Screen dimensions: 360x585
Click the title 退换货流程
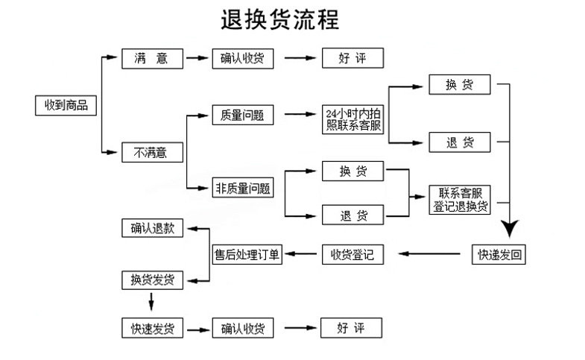279,19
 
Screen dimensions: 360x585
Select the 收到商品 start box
66,106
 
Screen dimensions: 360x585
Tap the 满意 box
152,58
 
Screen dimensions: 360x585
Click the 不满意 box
152,153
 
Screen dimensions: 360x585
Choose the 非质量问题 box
242,188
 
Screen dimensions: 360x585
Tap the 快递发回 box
500,255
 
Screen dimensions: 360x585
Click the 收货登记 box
352,255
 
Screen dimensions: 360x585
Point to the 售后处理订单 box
247,255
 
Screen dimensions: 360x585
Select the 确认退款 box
152,229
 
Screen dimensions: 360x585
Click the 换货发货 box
152,280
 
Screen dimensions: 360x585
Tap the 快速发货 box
152,327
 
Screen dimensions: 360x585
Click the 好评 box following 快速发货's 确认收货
352,327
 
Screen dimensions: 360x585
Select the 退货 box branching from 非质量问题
352,215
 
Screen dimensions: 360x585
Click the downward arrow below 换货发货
152,302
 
